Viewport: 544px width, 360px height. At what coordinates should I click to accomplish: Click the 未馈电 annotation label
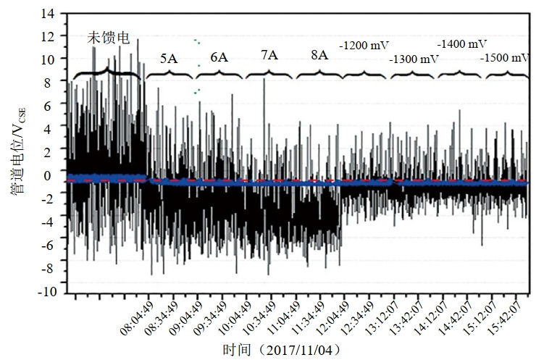click(x=109, y=38)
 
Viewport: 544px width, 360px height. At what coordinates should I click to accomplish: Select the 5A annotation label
click(x=169, y=59)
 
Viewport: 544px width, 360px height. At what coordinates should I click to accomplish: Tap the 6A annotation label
click(x=219, y=57)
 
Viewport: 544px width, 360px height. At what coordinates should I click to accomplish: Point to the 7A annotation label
click(x=269, y=56)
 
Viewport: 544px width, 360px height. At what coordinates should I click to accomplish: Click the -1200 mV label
click(x=366, y=45)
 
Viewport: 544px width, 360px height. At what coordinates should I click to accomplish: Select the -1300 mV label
click(x=414, y=59)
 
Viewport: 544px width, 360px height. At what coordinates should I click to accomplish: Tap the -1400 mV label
click(x=461, y=44)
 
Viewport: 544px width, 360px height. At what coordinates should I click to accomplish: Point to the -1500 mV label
click(x=505, y=59)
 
